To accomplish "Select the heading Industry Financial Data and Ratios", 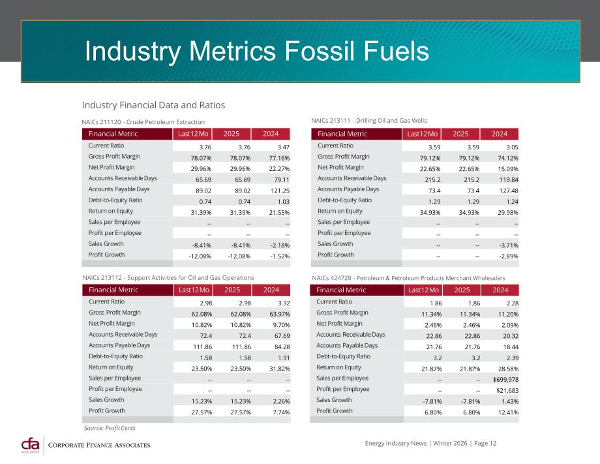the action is pos(153,105).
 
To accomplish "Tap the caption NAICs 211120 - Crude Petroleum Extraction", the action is pos(143,122).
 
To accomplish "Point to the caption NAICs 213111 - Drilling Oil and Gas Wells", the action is pos(369,121).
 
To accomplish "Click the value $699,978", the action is pos(505,380).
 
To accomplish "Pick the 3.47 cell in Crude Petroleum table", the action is pos(283,147).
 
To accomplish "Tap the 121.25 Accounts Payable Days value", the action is pos(280,191).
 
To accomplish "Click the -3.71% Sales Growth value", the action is pos(508,245).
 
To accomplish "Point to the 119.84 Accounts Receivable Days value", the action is pos(509,179).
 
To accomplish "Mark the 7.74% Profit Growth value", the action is pos(281,412).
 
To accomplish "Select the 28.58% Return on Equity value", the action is pos(508,369).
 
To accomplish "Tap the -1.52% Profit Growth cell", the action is pos(280,256).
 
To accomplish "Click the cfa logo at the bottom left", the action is pos(30,445).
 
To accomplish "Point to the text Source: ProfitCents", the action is pos(110,428).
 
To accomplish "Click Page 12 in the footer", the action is pos(485,443).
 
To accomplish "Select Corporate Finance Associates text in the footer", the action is pos(99,445).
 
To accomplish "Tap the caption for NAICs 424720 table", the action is pos(408,278).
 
